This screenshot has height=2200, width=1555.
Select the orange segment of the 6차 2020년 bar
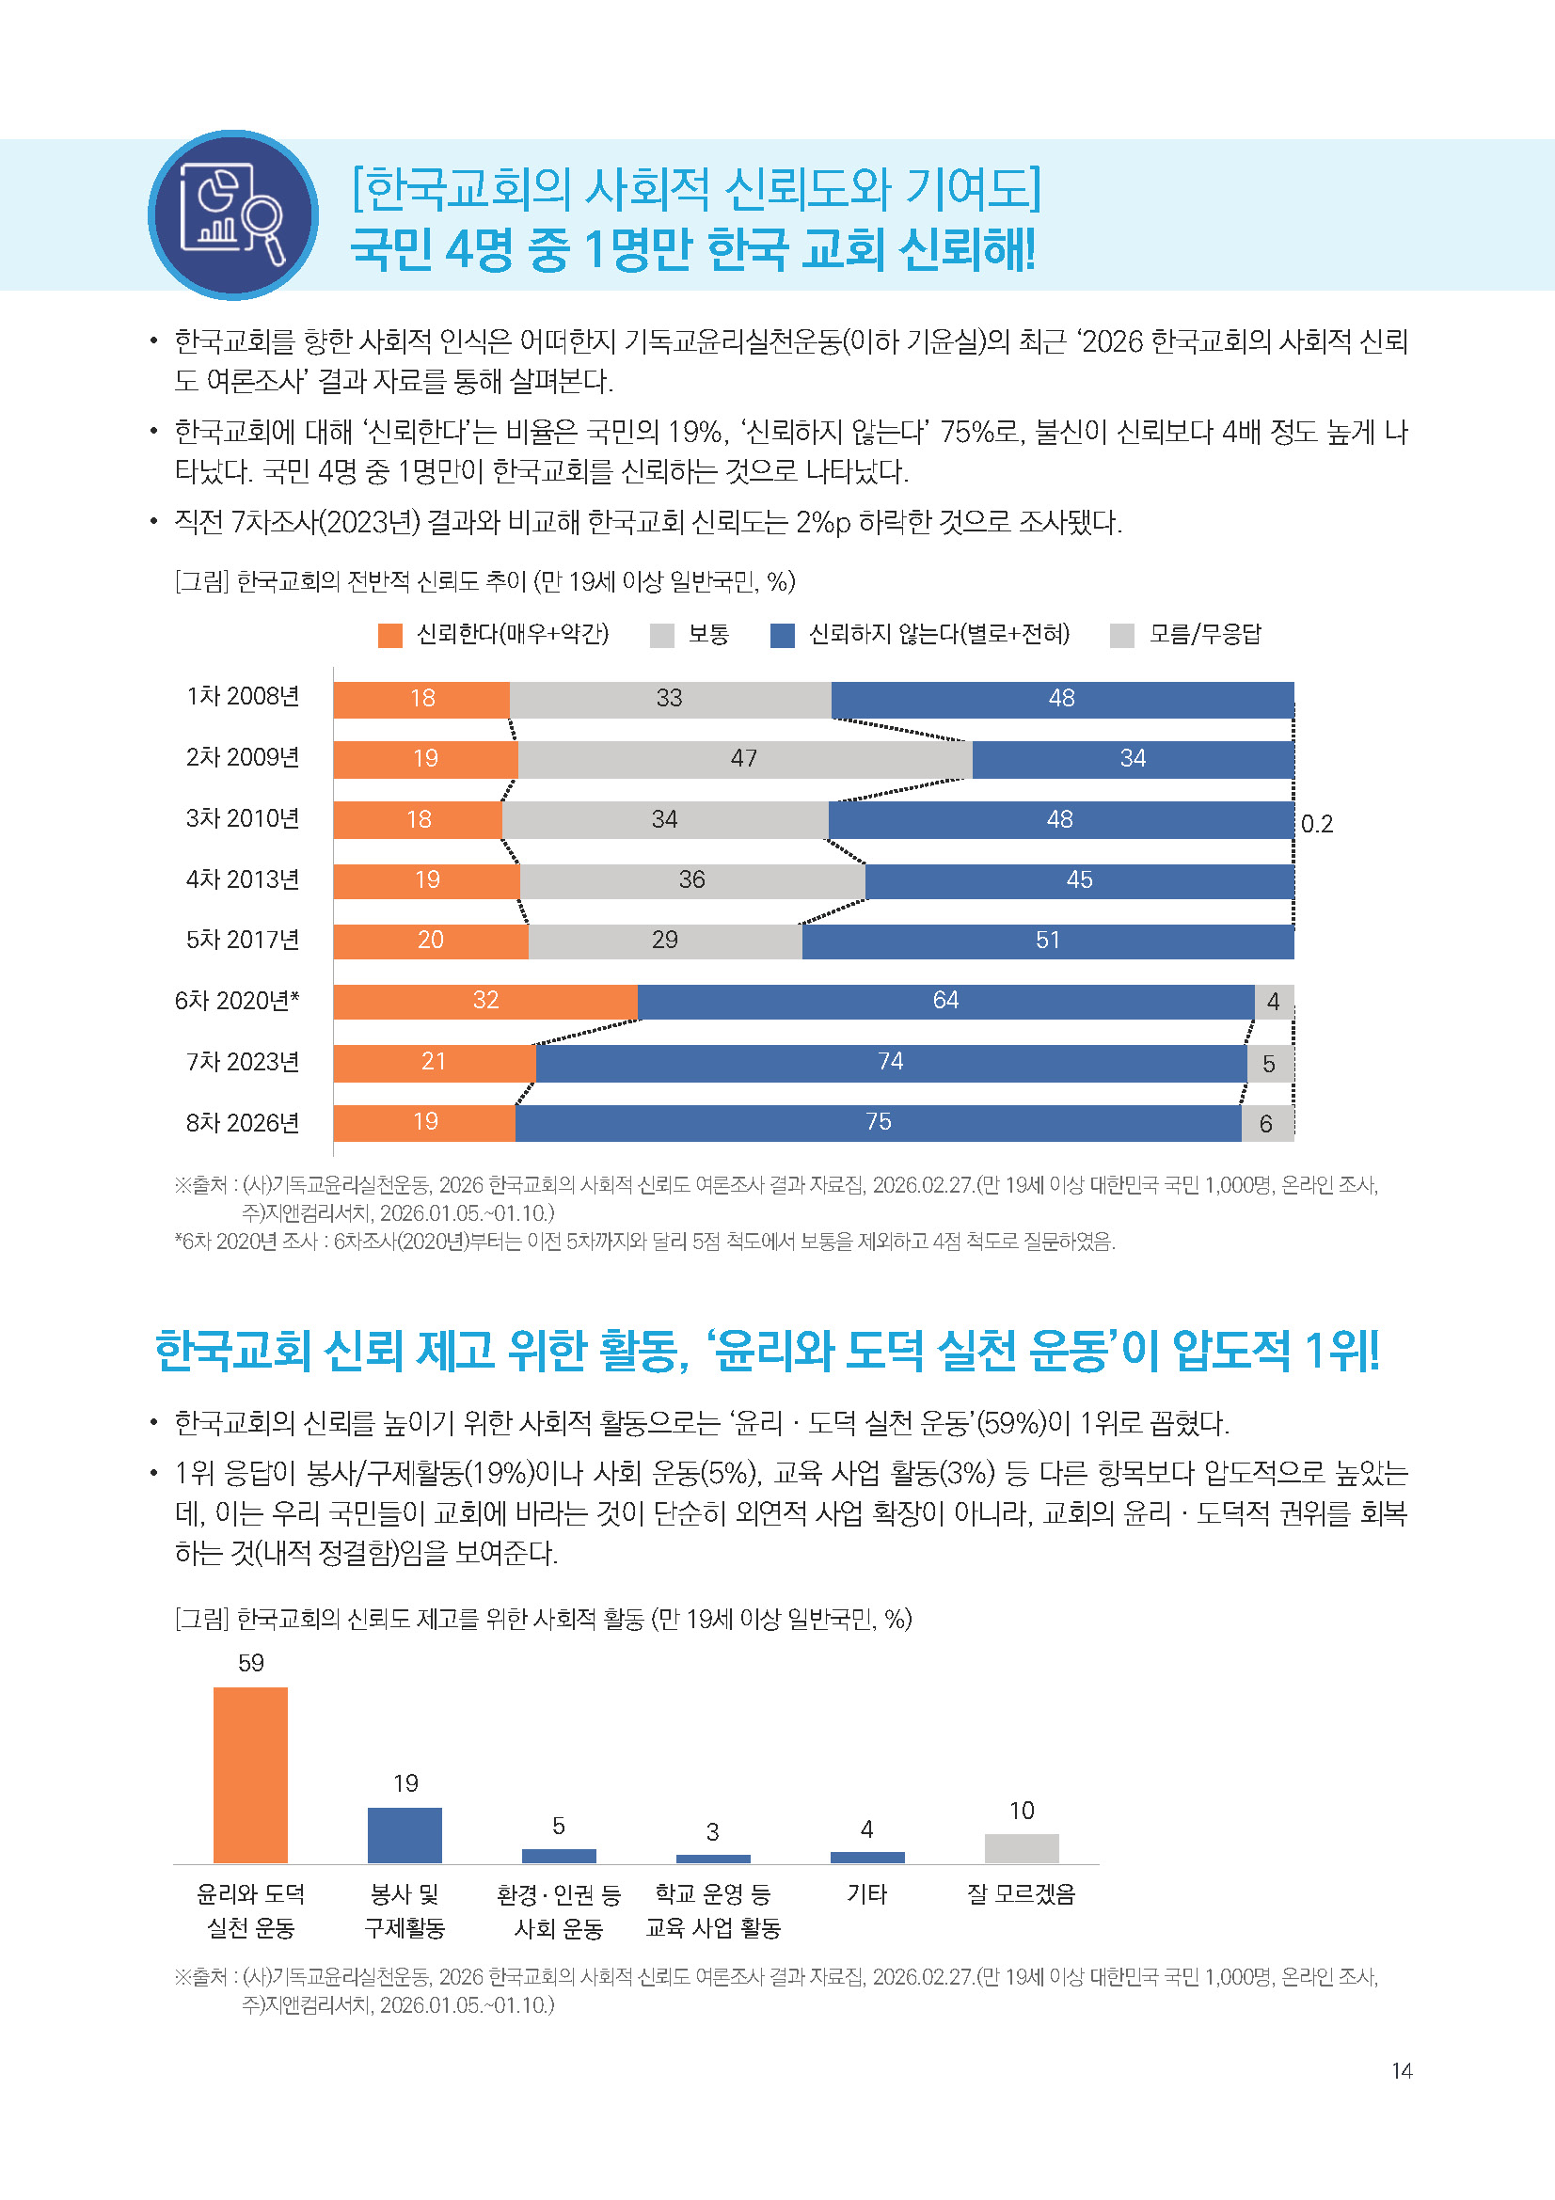pyautogui.click(x=484, y=1002)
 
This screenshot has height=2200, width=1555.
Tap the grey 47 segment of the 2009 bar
pyautogui.click(x=744, y=759)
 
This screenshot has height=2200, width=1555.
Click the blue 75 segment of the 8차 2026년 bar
pyautogui.click(x=878, y=1122)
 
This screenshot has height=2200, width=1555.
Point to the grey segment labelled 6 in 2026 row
pyautogui.click(x=1266, y=1123)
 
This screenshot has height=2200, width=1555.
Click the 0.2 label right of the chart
pyautogui.click(x=1316, y=824)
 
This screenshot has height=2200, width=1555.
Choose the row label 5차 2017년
pyautogui.click(x=243, y=940)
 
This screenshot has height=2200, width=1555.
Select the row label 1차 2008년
pyautogui.click(x=243, y=697)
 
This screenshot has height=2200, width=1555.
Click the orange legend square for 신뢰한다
pyautogui.click(x=390, y=635)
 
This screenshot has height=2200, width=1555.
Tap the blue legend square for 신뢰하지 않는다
pyautogui.click(x=782, y=635)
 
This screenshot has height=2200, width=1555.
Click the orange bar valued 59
pyautogui.click(x=250, y=1775)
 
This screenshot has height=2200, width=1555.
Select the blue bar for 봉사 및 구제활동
pyautogui.click(x=405, y=1835)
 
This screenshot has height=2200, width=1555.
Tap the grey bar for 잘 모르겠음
pyautogui.click(x=1022, y=1848)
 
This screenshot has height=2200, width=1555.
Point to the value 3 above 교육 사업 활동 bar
pyautogui.click(x=712, y=1832)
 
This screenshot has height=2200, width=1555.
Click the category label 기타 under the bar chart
pyautogui.click(x=866, y=1894)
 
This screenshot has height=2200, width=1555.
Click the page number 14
pyautogui.click(x=1402, y=2071)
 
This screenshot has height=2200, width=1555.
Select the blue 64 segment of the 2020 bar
pyautogui.click(x=944, y=1002)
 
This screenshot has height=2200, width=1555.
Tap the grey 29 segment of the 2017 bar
pyautogui.click(x=665, y=941)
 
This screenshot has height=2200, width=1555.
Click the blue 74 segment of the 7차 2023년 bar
pyautogui.click(x=890, y=1063)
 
